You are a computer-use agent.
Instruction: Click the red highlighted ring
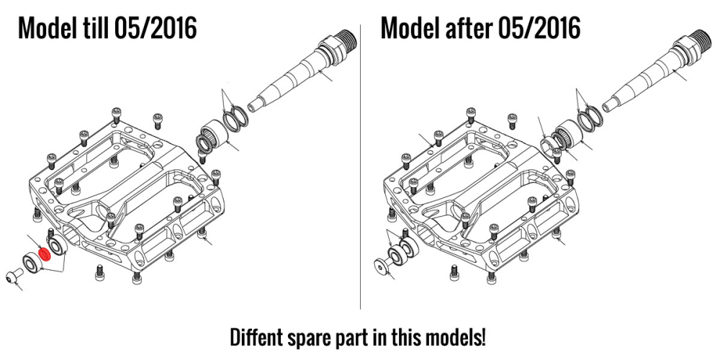coord(45,254)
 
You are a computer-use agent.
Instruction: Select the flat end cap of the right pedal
coord(382,266)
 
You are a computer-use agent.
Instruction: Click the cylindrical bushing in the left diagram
coord(215,135)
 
